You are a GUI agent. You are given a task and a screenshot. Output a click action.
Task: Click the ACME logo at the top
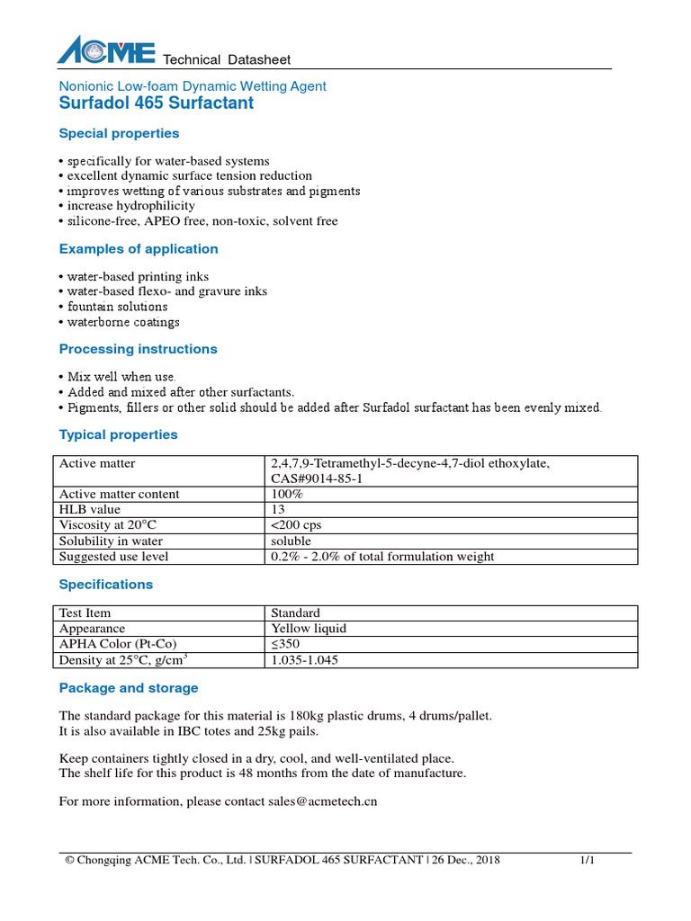(106, 51)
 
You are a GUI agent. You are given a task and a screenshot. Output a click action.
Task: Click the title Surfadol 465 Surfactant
(156, 103)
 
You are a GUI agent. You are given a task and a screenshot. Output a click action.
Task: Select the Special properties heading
(119, 133)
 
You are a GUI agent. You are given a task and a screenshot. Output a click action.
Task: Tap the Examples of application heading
(139, 248)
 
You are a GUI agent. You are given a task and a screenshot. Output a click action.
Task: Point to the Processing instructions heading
(138, 348)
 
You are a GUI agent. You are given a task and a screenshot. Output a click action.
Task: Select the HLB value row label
(89, 509)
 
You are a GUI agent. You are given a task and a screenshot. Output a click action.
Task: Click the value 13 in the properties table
(278, 509)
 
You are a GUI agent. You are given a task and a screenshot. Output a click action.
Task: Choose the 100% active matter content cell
(287, 494)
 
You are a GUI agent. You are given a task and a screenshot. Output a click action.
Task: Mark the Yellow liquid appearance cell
(309, 629)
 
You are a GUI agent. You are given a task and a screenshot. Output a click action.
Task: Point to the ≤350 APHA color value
(287, 644)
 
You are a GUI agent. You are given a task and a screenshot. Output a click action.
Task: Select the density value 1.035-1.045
(305, 660)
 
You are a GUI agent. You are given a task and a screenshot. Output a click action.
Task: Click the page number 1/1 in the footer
(588, 861)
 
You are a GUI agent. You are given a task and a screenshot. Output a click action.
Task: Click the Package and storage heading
(129, 688)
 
